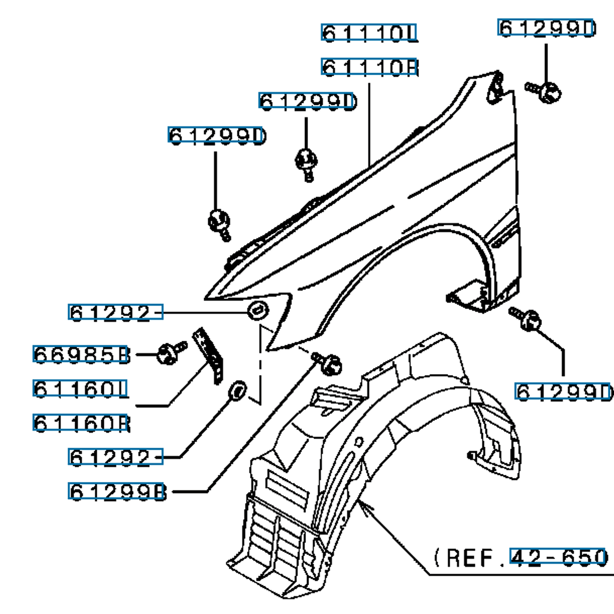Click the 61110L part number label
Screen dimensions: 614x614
(369, 33)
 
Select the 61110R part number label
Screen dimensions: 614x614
(369, 67)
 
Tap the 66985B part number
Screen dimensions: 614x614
(81, 354)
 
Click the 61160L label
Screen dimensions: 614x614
(80, 389)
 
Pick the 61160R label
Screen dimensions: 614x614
(80, 423)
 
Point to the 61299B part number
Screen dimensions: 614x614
(117, 492)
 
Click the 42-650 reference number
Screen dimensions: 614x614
(558, 557)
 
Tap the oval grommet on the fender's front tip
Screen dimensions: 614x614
(257, 310)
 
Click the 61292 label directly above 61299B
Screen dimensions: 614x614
(116, 457)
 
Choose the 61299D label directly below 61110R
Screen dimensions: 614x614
(307, 101)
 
